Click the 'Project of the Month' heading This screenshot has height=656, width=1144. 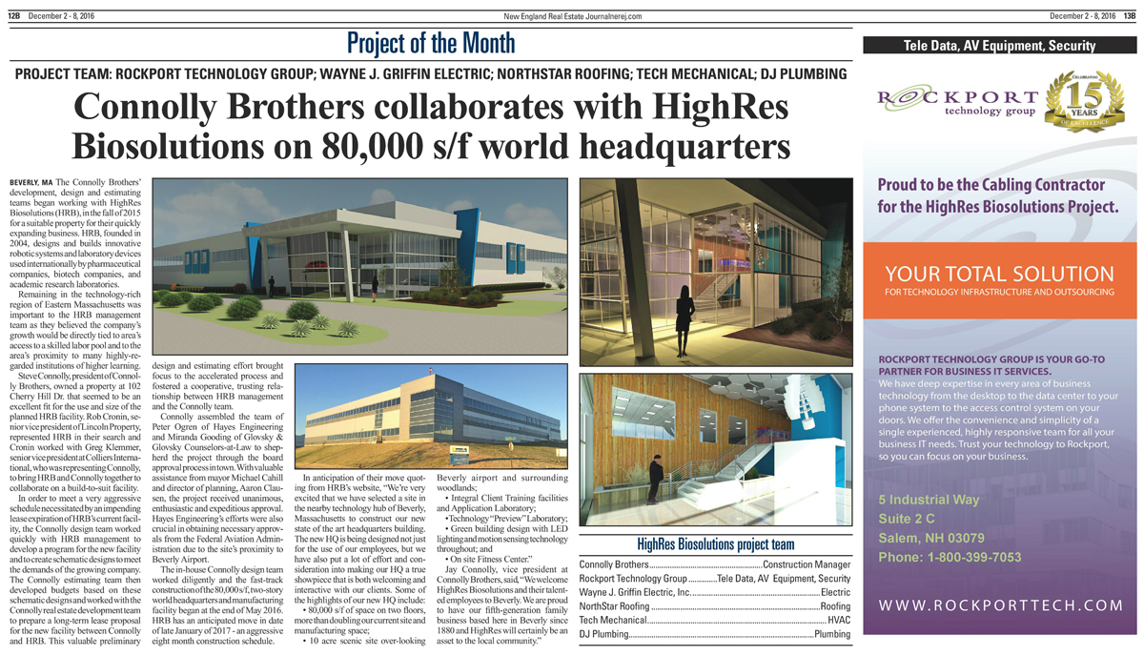tap(430, 44)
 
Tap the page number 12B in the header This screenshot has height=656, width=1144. tap(14, 15)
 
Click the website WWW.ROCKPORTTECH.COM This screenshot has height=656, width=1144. tap(1001, 605)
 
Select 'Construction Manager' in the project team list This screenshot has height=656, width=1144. tap(807, 565)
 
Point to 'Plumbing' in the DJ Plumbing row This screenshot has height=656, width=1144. tap(831, 633)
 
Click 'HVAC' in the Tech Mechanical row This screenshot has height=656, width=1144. tap(839, 620)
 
